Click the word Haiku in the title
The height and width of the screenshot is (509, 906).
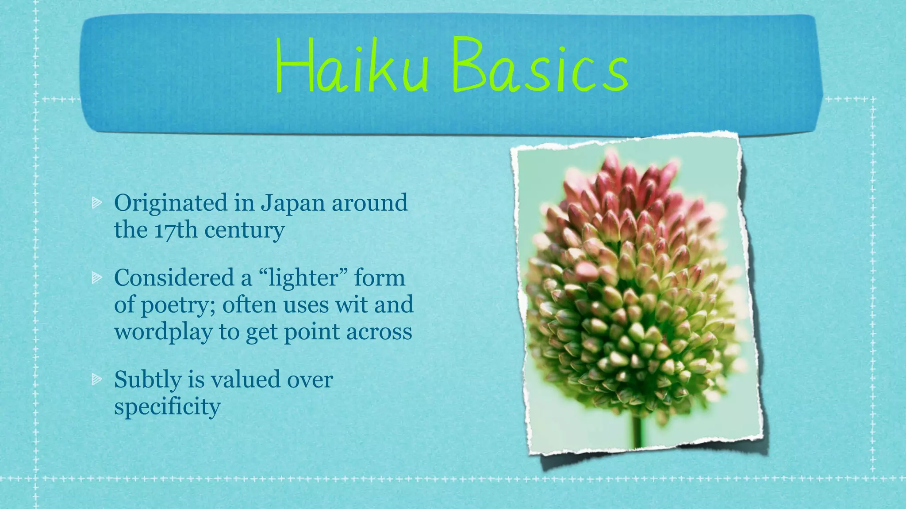[x=352, y=66]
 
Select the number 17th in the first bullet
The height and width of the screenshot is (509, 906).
[x=176, y=230]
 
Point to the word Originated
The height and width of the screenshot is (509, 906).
[x=171, y=204]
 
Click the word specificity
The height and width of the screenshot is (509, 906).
[x=167, y=406]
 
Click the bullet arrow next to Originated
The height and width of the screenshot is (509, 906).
[x=96, y=203]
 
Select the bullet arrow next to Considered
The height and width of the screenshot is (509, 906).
[x=96, y=277]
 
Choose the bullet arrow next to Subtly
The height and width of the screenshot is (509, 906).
[x=96, y=379]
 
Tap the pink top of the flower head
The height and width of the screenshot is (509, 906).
[x=628, y=186]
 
